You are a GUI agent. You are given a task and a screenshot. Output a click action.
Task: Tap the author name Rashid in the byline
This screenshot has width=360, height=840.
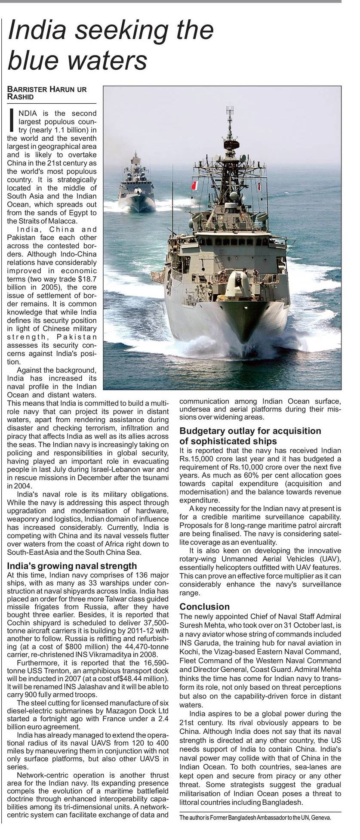21,97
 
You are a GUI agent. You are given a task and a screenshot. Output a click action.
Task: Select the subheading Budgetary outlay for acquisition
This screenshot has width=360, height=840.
250,431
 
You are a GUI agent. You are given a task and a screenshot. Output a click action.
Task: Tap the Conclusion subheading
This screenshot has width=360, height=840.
204,606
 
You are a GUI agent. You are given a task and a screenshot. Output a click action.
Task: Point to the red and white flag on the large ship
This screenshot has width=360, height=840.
194,186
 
